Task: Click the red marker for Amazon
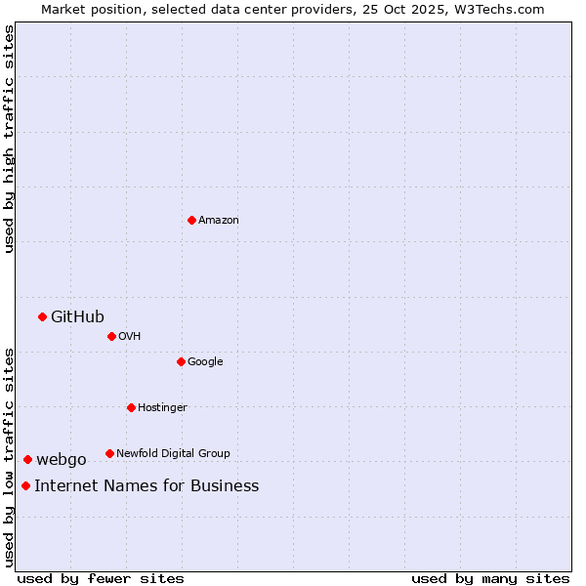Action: [191, 220]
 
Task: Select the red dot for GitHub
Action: [42, 316]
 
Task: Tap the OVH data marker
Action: [111, 336]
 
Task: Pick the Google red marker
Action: [181, 361]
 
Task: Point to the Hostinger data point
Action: [131, 407]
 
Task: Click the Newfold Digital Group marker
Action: [109, 453]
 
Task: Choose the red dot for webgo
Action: [27, 459]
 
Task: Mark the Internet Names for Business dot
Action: [25, 485]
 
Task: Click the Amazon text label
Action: [219, 220]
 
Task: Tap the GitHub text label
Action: [77, 316]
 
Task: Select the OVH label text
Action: [130, 336]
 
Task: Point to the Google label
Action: [205, 361]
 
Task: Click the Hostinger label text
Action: [162, 407]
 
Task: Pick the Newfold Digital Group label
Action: [173, 453]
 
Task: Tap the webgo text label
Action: [62, 459]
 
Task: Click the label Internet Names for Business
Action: [146, 485]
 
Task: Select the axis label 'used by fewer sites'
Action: [101, 578]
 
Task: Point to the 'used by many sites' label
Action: [490, 578]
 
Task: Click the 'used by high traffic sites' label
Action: [9, 139]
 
